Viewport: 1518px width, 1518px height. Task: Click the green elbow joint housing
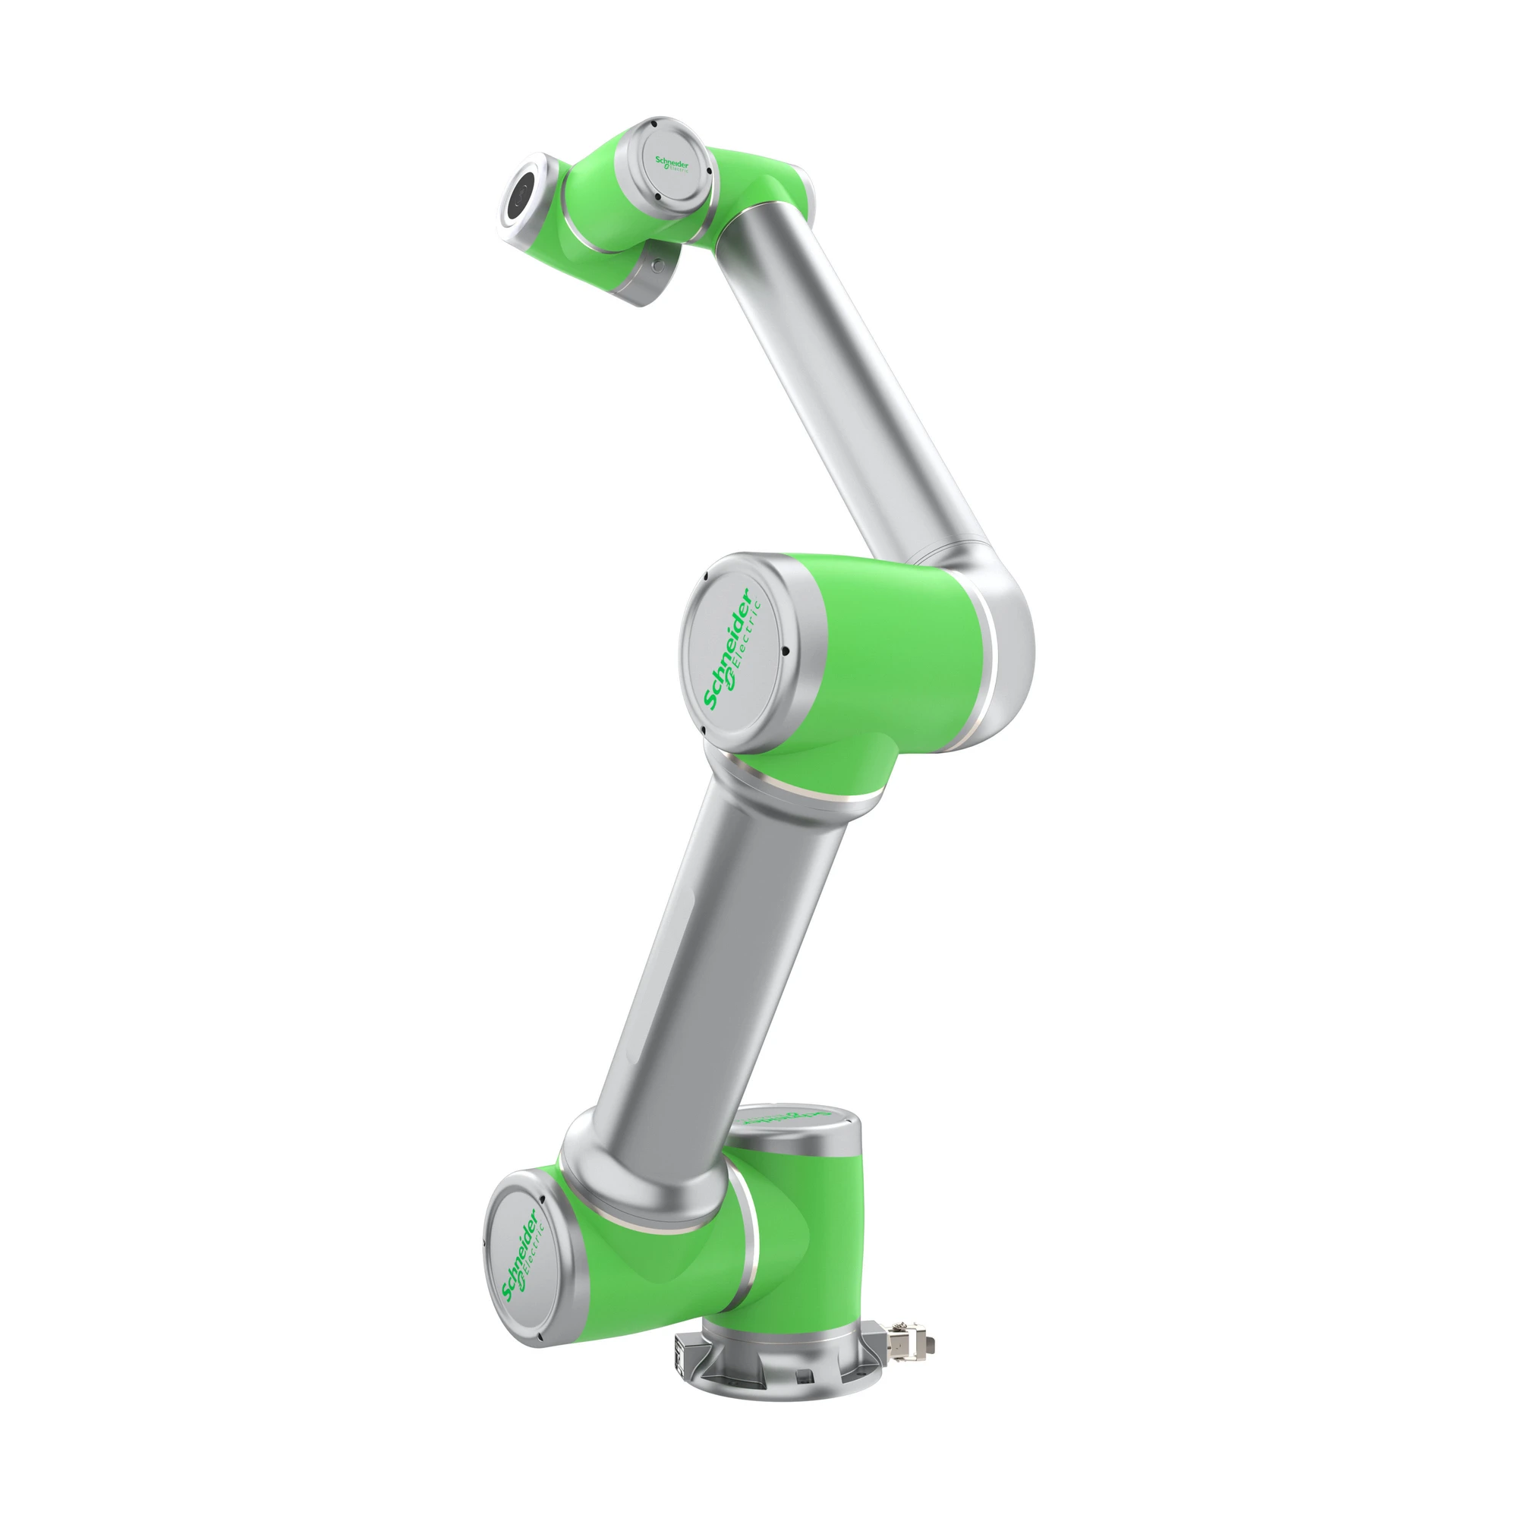pyautogui.click(x=888, y=668)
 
